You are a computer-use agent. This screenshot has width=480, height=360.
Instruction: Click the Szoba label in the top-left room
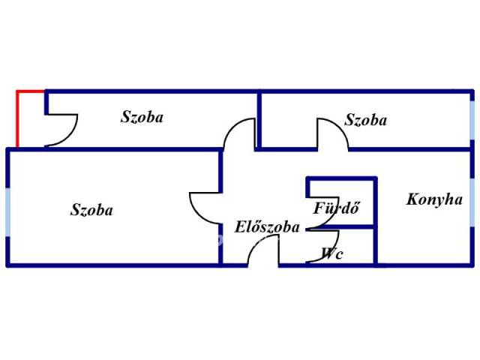(x=142, y=117)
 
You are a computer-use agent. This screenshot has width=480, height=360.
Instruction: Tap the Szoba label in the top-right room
(x=366, y=119)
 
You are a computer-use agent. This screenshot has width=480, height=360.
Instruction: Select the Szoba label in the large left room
(x=91, y=210)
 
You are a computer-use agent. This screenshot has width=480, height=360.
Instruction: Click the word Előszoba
(x=267, y=227)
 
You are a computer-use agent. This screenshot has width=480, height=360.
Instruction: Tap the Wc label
(x=331, y=253)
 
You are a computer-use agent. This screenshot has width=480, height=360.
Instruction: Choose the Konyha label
(x=434, y=199)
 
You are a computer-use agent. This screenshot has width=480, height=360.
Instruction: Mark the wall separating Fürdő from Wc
(x=341, y=226)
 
